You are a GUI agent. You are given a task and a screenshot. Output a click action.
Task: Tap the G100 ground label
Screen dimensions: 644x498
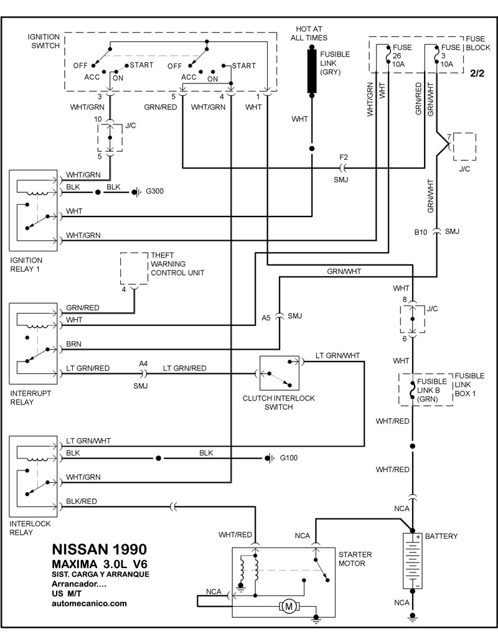(x=289, y=459)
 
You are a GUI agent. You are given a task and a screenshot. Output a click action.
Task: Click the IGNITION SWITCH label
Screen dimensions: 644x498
(x=44, y=41)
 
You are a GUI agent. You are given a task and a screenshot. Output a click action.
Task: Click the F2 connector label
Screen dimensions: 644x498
(x=343, y=157)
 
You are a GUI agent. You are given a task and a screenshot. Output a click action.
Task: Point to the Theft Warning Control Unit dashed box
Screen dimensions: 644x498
(x=134, y=268)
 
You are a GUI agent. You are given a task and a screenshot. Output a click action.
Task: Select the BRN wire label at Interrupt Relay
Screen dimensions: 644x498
(x=73, y=343)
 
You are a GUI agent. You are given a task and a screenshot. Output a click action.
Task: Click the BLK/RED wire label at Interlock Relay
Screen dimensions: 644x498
(x=81, y=501)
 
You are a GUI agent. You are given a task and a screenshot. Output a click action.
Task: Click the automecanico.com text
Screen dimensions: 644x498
(x=90, y=603)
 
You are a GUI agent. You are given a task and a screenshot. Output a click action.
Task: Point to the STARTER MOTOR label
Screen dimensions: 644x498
(x=355, y=558)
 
